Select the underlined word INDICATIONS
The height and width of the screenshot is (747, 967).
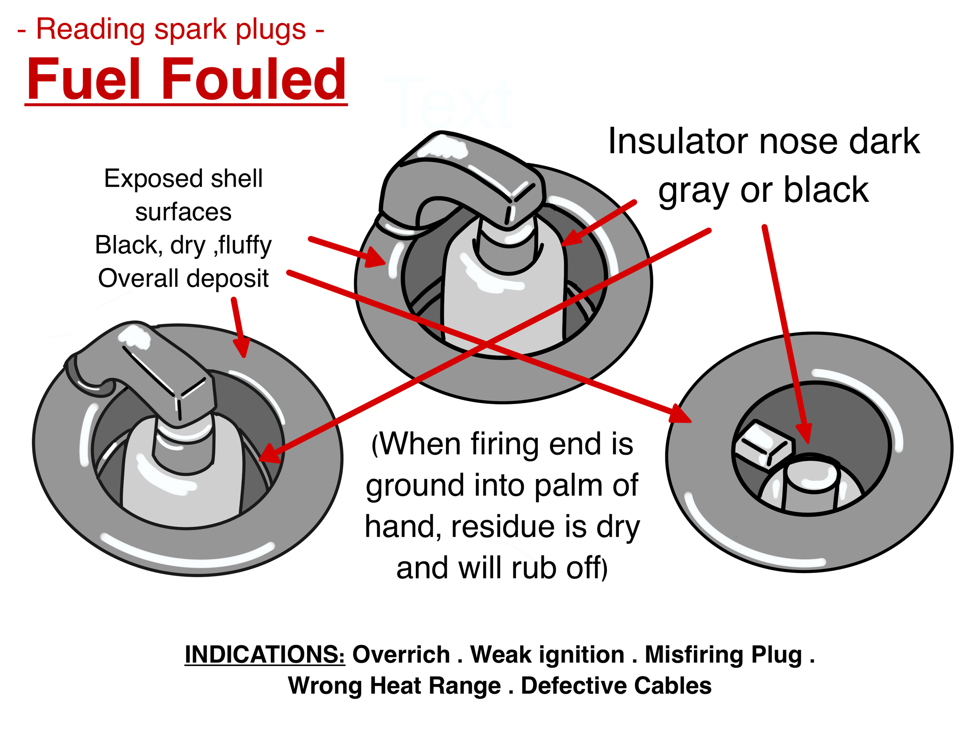pyautogui.click(x=265, y=654)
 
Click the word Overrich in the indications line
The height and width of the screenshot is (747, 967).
pyautogui.click(x=401, y=654)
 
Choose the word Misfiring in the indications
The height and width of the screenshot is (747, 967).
pyautogui.click(x=694, y=655)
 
